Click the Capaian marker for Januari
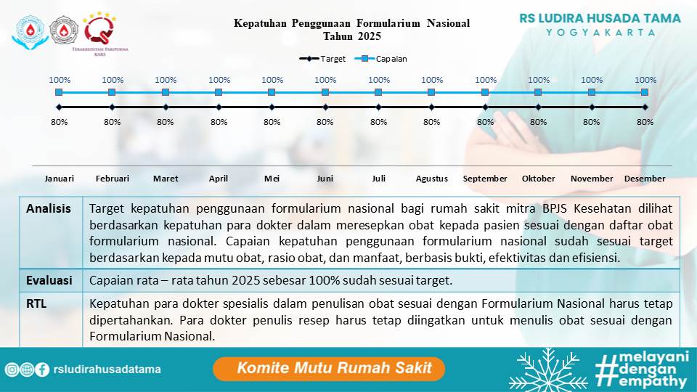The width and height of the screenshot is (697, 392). click(x=59, y=92)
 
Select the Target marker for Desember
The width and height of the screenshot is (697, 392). click(x=645, y=107)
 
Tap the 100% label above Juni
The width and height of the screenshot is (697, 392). click(x=325, y=80)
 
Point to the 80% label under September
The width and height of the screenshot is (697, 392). click(x=485, y=122)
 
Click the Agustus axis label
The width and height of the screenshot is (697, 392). click(x=432, y=179)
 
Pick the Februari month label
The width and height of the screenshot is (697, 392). click(x=113, y=179)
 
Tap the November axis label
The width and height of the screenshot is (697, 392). click(x=592, y=179)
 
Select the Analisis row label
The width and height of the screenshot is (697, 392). click(x=49, y=209)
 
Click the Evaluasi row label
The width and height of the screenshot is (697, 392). click(x=49, y=279)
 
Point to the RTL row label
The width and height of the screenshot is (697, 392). click(x=36, y=303)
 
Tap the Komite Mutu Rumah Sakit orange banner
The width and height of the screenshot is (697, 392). click(x=328, y=368)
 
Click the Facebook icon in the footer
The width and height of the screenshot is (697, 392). click(x=42, y=369)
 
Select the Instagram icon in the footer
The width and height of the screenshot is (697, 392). click(x=12, y=369)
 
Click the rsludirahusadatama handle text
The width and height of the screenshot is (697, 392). click(x=106, y=369)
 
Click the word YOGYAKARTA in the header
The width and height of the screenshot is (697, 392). click(x=600, y=33)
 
